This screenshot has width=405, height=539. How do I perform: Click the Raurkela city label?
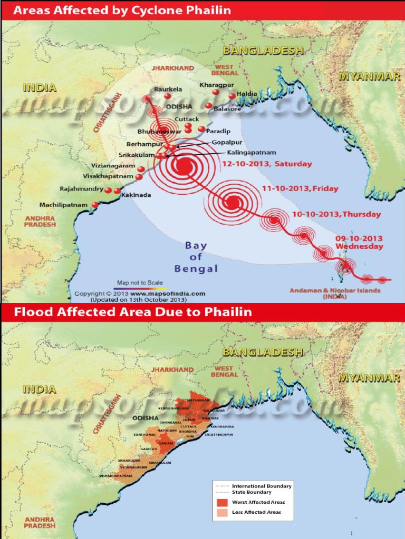[168, 89]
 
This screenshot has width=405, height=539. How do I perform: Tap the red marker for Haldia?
[232, 96]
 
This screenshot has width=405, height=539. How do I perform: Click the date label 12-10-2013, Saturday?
[266, 164]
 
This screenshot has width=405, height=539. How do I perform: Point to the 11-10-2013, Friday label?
[300, 188]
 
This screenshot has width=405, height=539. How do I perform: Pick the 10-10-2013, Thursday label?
[336, 214]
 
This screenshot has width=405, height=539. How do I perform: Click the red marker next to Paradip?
[201, 129]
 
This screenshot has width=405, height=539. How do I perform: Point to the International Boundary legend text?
[262, 486]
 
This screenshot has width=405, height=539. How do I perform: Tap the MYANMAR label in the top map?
[369, 76]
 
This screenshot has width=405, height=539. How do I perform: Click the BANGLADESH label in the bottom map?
[263, 352]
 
